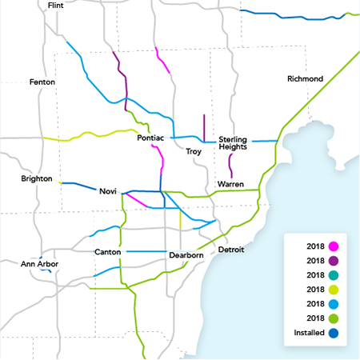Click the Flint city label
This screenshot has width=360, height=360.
tap(56, 6)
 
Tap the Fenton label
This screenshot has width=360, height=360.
tap(42, 82)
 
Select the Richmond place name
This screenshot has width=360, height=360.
tap(305, 79)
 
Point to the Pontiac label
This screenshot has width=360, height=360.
tap(150, 138)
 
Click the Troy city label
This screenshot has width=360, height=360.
tap(194, 151)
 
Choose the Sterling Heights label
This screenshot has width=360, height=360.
tap(238, 143)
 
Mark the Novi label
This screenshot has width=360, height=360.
tap(108, 192)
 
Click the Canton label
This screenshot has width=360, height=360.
tap(107, 253)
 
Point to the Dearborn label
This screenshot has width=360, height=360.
tap(188, 256)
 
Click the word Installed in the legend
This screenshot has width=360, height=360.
tap(309, 333)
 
